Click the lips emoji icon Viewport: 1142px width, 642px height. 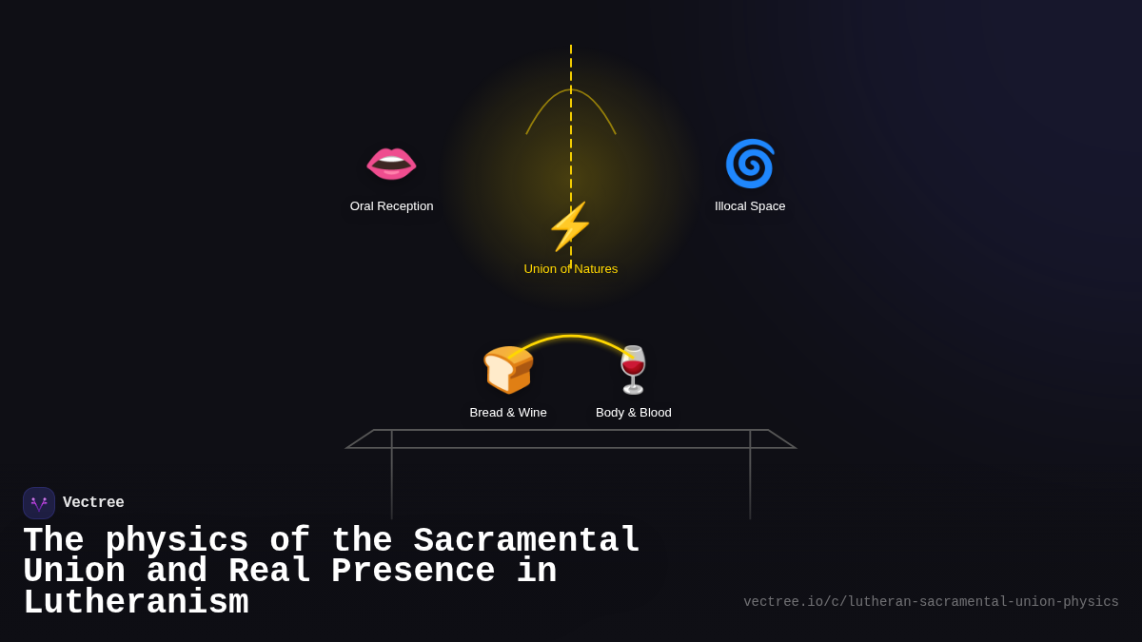tap(391, 163)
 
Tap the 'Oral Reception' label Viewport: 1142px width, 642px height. tap(391, 206)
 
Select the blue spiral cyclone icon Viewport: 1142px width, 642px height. tap(750, 164)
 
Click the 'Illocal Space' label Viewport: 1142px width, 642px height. tap(750, 206)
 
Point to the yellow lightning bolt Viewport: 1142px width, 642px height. tap(570, 226)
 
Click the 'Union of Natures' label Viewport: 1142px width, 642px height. tap(570, 269)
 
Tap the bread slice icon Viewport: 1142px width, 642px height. tap(508, 369)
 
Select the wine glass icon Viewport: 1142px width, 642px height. tap(633, 369)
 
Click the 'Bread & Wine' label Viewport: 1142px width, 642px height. tap(508, 413)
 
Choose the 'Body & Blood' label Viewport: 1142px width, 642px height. tap(633, 413)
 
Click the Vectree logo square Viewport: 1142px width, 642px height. tap(39, 503)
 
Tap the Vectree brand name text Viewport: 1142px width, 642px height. tap(93, 503)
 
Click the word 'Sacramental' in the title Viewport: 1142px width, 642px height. tap(526, 541)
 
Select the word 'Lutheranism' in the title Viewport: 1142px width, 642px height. tap(136, 603)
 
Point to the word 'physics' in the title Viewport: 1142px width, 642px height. tap(177, 541)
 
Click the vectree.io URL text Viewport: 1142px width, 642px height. tap(931, 602)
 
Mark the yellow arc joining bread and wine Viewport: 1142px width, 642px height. tap(571, 337)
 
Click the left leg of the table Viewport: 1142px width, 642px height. tap(392, 480)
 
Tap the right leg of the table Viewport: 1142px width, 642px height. tap(750, 480)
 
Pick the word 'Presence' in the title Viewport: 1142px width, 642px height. tap(413, 572)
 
